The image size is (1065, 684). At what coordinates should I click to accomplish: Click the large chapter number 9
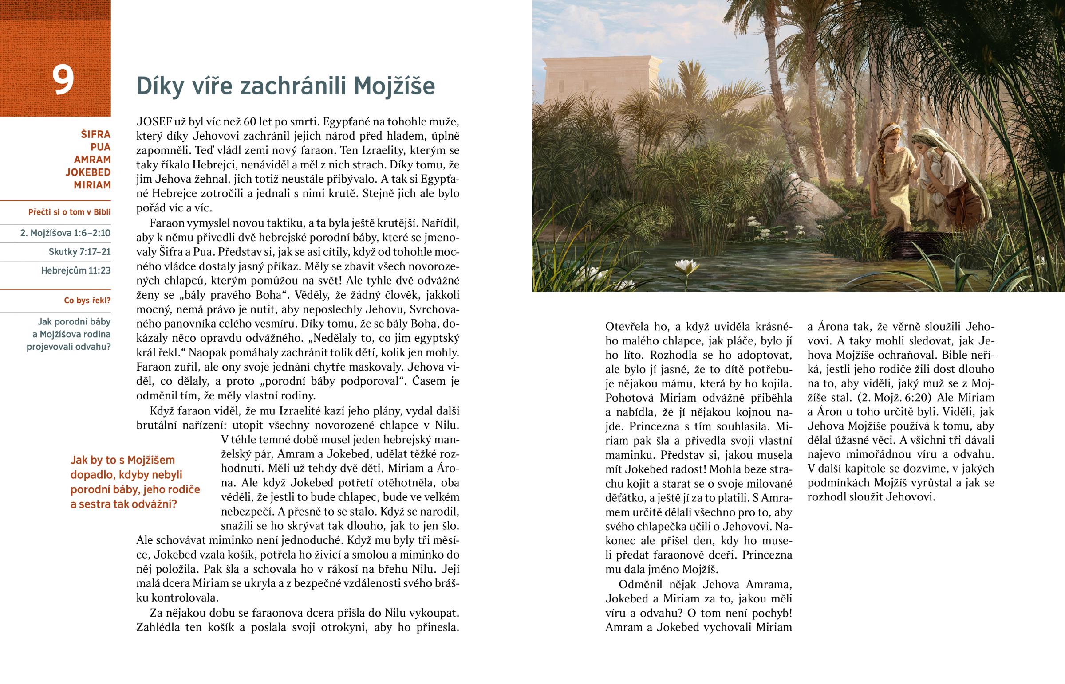[63, 80]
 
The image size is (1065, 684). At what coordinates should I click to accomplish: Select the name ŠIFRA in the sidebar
[95, 134]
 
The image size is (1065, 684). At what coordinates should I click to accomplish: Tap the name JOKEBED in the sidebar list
[88, 172]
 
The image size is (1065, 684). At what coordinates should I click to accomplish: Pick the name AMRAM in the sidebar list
[92, 160]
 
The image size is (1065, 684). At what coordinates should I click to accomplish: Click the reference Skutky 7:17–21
[79, 252]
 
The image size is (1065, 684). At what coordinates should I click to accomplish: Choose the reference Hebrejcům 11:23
[76, 270]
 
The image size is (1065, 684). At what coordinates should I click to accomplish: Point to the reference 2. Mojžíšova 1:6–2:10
[65, 233]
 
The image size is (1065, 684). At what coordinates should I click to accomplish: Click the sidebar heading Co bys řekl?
[87, 301]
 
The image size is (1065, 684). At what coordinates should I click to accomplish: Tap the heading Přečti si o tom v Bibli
[69, 212]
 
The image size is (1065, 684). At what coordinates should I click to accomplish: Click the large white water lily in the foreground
[686, 266]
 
